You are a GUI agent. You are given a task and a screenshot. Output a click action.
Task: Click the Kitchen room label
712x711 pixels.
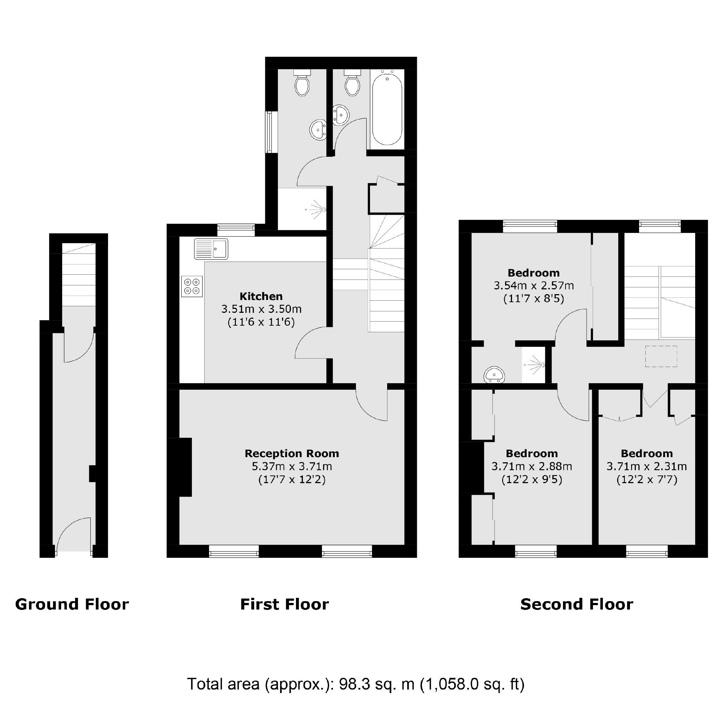(x=261, y=296)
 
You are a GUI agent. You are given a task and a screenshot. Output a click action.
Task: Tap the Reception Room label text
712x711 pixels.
(x=292, y=453)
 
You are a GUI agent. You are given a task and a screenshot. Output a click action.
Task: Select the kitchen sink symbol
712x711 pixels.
(x=211, y=249)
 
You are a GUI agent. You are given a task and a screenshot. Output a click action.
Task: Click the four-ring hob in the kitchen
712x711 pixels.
(x=192, y=286)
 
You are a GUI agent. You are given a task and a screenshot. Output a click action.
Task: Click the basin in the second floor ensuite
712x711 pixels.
(x=494, y=375)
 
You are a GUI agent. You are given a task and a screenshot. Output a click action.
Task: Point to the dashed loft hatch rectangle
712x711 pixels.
(x=661, y=356)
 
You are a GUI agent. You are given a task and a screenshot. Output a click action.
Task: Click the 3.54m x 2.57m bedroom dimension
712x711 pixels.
(x=533, y=286)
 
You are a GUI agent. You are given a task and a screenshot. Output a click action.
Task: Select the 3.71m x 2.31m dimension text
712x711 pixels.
(x=646, y=467)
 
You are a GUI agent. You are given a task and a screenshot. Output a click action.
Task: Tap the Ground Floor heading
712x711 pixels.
(x=72, y=604)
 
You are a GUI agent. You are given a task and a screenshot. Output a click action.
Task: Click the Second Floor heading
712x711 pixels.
(x=576, y=604)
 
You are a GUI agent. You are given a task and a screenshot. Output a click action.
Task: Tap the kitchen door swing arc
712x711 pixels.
(x=311, y=343)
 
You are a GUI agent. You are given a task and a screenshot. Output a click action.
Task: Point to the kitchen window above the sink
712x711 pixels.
(x=236, y=230)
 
